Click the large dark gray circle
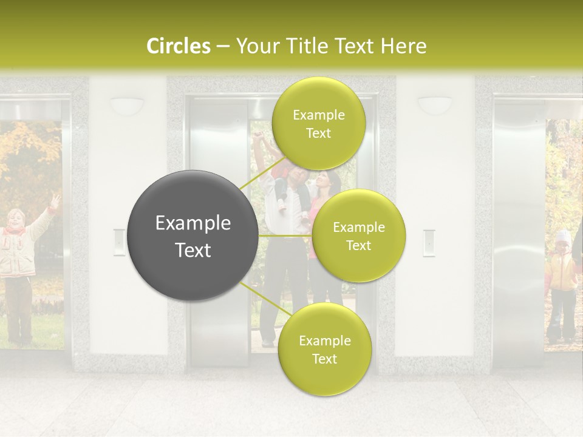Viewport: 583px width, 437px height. [193, 235]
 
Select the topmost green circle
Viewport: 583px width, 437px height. [318, 124]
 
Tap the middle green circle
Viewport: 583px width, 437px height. [358, 235]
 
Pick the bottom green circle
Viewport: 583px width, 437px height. [324, 349]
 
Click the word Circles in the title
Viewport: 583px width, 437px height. [178, 46]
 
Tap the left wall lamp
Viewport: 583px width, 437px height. [127, 105]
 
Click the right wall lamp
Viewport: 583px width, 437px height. [435, 105]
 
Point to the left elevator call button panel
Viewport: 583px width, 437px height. [120, 242]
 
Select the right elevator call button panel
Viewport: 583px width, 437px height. [429, 243]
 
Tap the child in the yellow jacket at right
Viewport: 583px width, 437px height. [561, 279]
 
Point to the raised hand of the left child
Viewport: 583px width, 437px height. [55, 200]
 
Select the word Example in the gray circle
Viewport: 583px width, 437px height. [193, 223]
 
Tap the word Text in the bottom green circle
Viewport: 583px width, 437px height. [324, 359]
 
